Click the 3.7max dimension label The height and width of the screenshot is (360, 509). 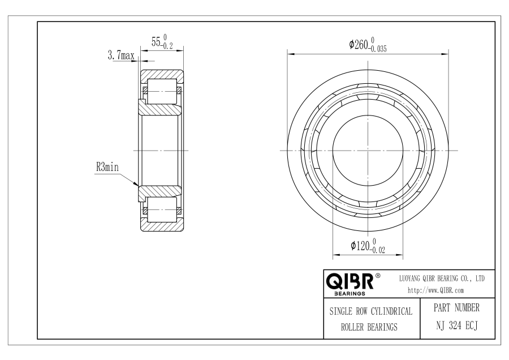click(121, 55)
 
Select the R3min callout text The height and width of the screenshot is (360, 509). click(107, 168)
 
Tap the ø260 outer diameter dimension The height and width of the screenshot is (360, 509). click(368, 45)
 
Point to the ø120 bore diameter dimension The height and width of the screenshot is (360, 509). click(368, 246)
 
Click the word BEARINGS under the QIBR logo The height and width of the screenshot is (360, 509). click(350, 294)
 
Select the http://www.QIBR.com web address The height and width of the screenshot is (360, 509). click(435, 290)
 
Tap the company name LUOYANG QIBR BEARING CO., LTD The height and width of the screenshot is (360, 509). click(442, 278)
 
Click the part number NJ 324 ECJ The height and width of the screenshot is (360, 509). click(457, 325)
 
